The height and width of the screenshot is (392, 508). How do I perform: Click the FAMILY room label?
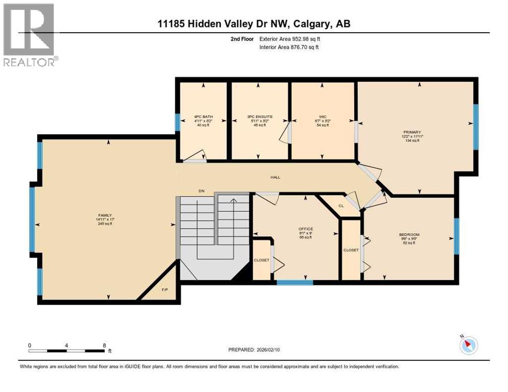pyautogui.click(x=105, y=215)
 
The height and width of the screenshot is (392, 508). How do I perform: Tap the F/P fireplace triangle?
pyautogui.click(x=164, y=290)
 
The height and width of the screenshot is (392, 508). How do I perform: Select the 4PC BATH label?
pyautogui.click(x=203, y=116)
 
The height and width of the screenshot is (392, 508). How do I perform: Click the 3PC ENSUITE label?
pyautogui.click(x=260, y=116)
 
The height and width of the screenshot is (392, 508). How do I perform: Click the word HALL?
pyautogui.click(x=275, y=177)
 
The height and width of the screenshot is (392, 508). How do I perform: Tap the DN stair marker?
pyautogui.click(x=202, y=190)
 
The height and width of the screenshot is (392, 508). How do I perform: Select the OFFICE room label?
pyautogui.click(x=306, y=229)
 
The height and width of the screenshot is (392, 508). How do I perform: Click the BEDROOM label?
pyautogui.click(x=409, y=234)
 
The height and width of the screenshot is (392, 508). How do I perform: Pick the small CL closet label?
pyautogui.click(x=341, y=206)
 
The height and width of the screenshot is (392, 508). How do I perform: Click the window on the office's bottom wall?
pyautogui.click(x=294, y=282)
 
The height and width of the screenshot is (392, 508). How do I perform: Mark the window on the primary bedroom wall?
pyautogui.click(x=475, y=127)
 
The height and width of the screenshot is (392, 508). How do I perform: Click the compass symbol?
pyautogui.click(x=468, y=345)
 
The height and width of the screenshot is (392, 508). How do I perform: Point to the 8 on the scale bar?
pyautogui.click(x=104, y=345)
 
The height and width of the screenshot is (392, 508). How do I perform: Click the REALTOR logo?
pyautogui.click(x=29, y=34)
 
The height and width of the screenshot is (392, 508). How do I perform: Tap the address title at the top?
pyautogui.click(x=253, y=24)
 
